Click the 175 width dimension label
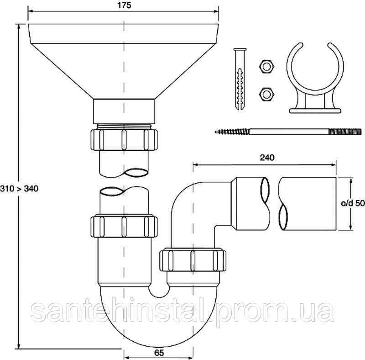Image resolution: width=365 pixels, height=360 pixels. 124,5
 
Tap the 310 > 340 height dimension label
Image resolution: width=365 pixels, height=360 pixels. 19,188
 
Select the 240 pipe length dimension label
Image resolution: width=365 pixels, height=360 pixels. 267,158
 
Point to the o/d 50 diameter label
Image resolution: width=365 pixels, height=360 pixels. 353,203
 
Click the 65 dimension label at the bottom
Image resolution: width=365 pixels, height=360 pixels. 159,353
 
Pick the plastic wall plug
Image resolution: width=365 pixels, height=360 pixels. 240,79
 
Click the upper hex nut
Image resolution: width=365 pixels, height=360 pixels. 266,67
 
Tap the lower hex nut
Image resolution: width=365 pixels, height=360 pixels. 266,94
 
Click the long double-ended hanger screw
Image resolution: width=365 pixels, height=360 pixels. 288,132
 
